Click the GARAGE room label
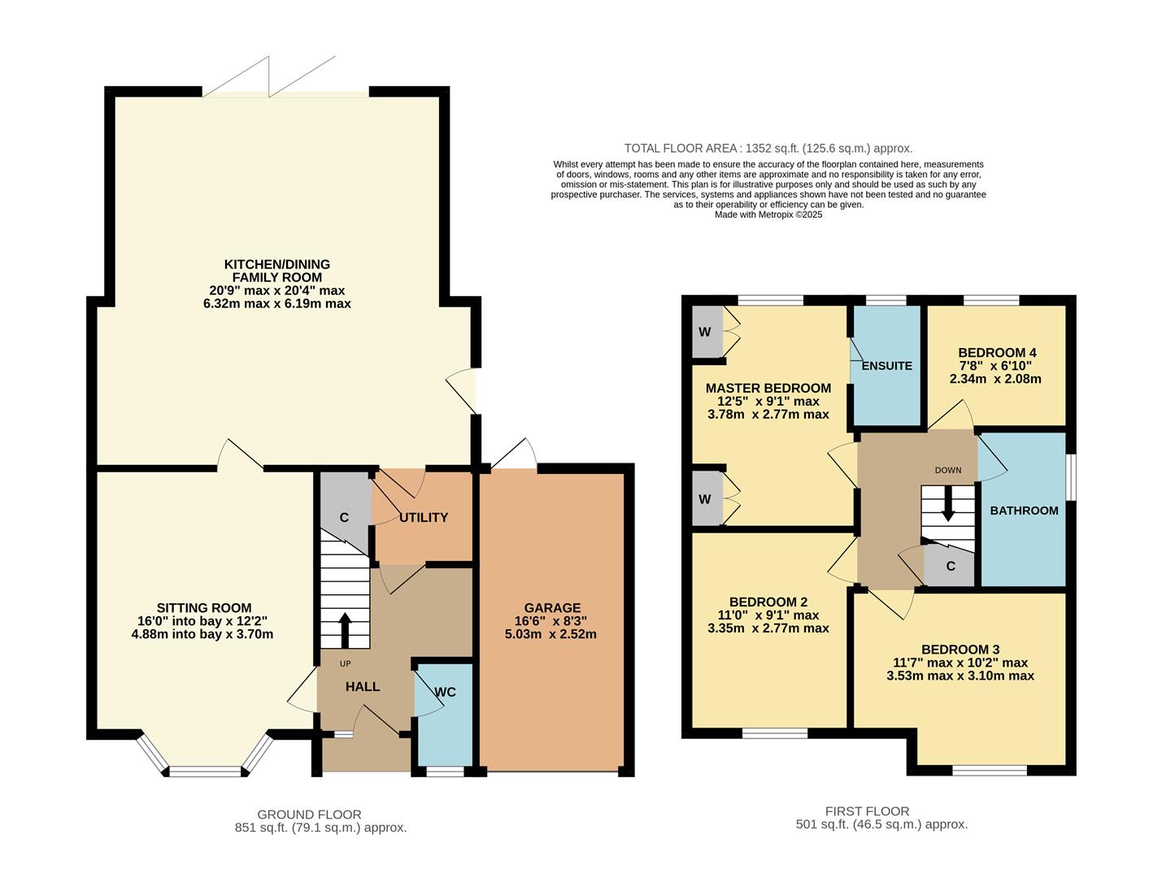(x=552, y=607)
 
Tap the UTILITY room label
(x=424, y=518)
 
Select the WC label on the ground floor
(x=445, y=692)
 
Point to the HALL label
(x=363, y=687)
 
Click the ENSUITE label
(x=886, y=366)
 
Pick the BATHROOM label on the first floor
(x=1024, y=511)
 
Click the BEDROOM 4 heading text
(x=997, y=353)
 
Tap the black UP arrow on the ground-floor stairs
(x=345, y=628)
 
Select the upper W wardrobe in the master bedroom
(x=705, y=332)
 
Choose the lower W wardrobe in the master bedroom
(x=705, y=498)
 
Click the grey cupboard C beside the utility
(x=344, y=518)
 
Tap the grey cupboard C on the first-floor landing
(x=950, y=567)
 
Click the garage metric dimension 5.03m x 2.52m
(x=551, y=634)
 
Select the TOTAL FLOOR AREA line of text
(x=768, y=148)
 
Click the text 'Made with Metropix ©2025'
(x=768, y=215)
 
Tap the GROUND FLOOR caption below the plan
(x=309, y=815)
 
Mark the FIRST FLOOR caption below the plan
(x=867, y=811)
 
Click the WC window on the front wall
(x=445, y=771)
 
